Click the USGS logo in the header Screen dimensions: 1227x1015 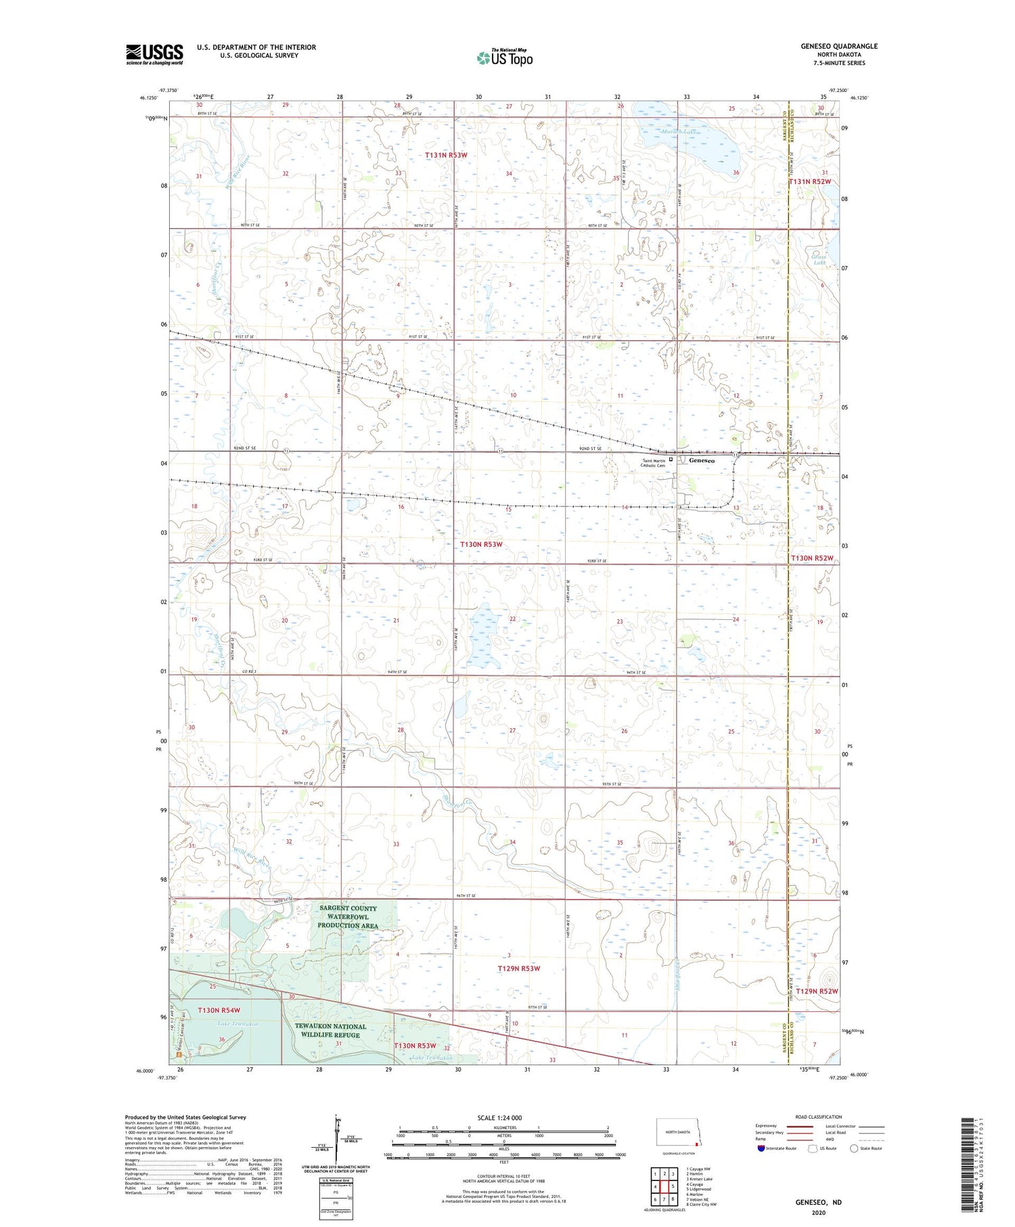pos(154,54)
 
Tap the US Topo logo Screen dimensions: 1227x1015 pos(504,58)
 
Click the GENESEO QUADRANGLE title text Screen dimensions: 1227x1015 pos(839,46)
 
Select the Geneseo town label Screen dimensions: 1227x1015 pos(702,461)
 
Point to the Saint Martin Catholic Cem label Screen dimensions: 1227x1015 pos(653,464)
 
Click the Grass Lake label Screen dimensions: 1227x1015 pos(819,259)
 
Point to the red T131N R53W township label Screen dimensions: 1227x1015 pos(446,155)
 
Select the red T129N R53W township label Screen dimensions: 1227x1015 pos(519,968)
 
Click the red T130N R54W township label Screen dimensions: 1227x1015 pos(219,1010)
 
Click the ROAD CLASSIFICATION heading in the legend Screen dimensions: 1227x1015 pos(819,1117)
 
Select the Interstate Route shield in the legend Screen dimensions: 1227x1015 pos(761,1148)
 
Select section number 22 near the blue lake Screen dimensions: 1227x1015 pos(513,619)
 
